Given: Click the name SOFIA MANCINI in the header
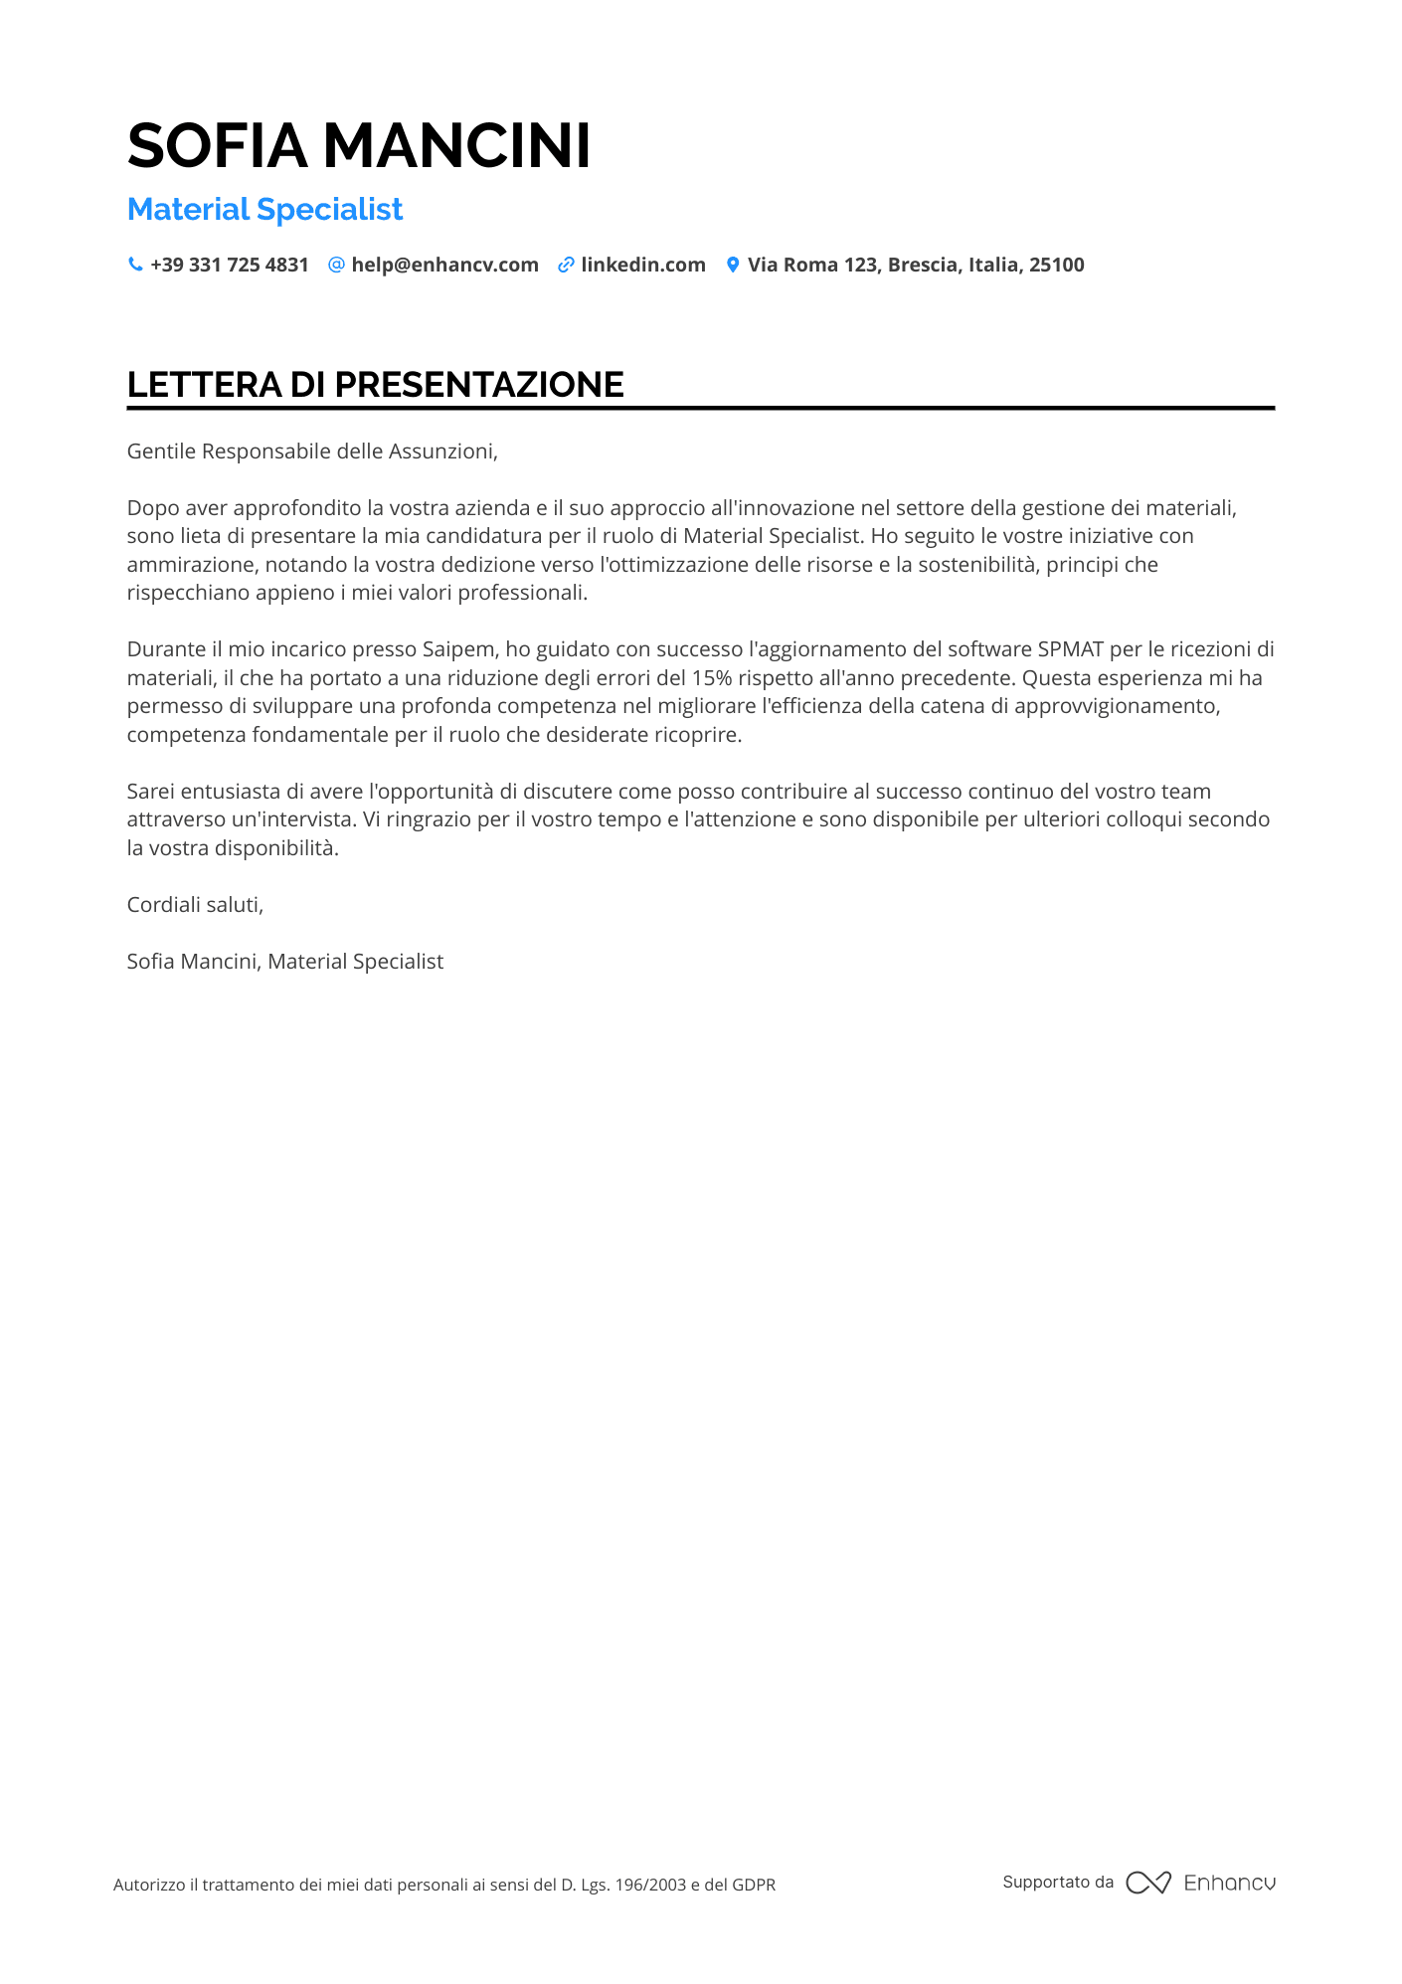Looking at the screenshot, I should (359, 146).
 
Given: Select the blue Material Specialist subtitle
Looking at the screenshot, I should (264, 210).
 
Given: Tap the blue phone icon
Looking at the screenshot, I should (135, 265).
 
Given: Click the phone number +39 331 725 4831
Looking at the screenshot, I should (230, 266).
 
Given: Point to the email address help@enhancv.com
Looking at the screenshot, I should (444, 266).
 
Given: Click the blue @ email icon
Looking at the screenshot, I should (336, 265).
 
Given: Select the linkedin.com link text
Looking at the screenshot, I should (643, 266).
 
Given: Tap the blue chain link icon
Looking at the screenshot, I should (566, 265).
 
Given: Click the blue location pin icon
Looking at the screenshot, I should (733, 265).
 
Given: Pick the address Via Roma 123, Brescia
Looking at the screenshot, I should (916, 266).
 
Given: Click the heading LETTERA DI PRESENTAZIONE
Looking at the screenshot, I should (375, 385).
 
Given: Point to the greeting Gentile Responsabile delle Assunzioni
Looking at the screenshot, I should (312, 451).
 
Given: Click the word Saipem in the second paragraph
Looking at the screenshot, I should (458, 649).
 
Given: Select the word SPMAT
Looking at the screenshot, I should (1071, 649).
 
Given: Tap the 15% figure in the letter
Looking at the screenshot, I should (712, 678).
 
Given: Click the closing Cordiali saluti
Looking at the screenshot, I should (195, 905).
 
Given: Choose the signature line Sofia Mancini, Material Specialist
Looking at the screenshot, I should (285, 962).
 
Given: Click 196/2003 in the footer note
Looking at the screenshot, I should (650, 1885).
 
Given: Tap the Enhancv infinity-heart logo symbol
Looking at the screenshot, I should (1148, 1883).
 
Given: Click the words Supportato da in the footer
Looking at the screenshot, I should (1058, 1882).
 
